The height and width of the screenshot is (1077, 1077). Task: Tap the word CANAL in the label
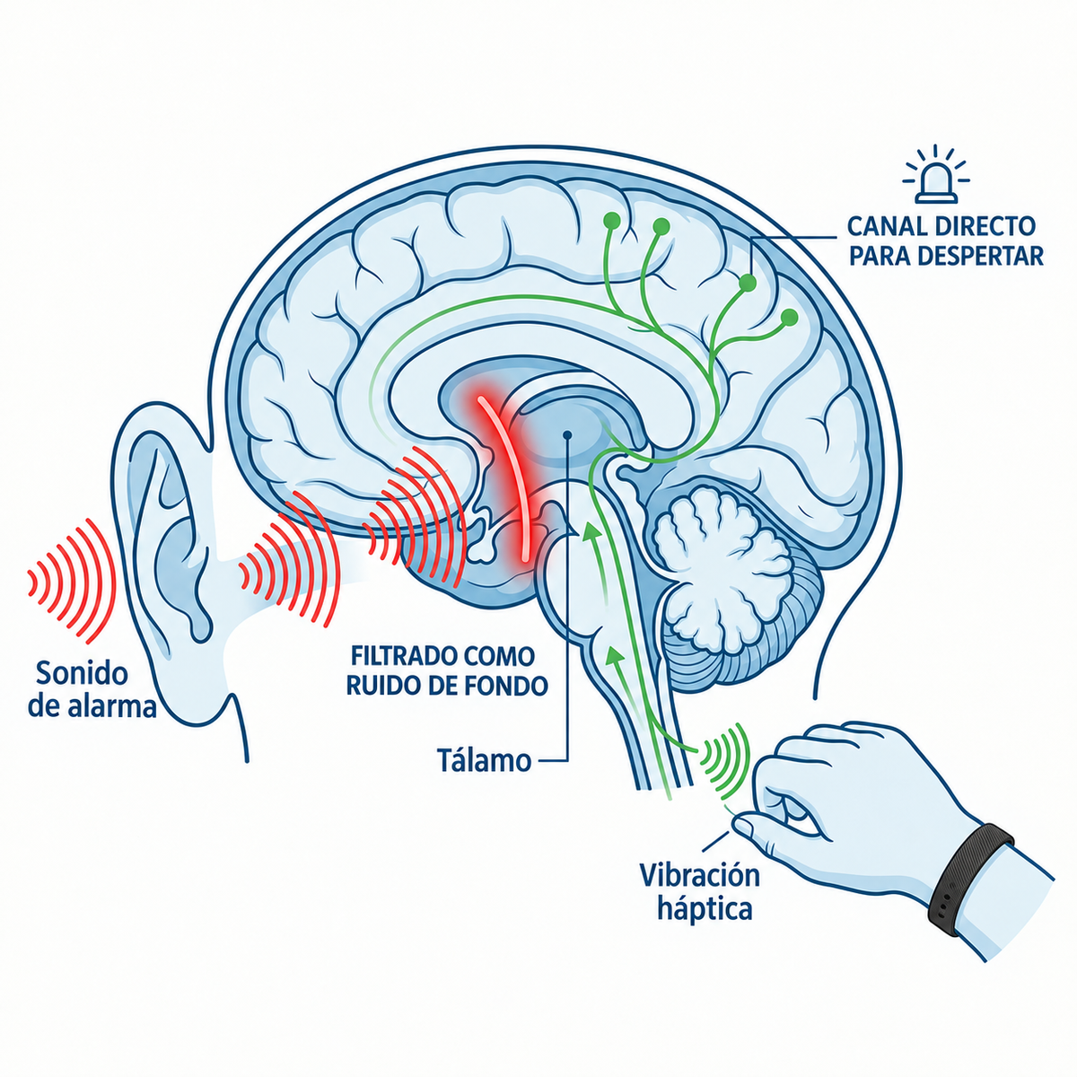click(x=887, y=226)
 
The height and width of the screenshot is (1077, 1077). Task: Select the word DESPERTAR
click(x=983, y=256)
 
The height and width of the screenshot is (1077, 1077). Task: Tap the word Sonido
click(x=82, y=673)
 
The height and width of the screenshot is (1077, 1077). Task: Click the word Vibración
click(x=700, y=875)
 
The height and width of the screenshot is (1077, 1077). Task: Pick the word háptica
click(x=705, y=909)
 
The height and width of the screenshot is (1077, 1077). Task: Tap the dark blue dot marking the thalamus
click(x=567, y=434)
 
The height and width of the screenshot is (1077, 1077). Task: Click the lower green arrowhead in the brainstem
click(x=614, y=656)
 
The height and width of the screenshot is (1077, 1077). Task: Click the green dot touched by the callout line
click(x=748, y=283)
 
